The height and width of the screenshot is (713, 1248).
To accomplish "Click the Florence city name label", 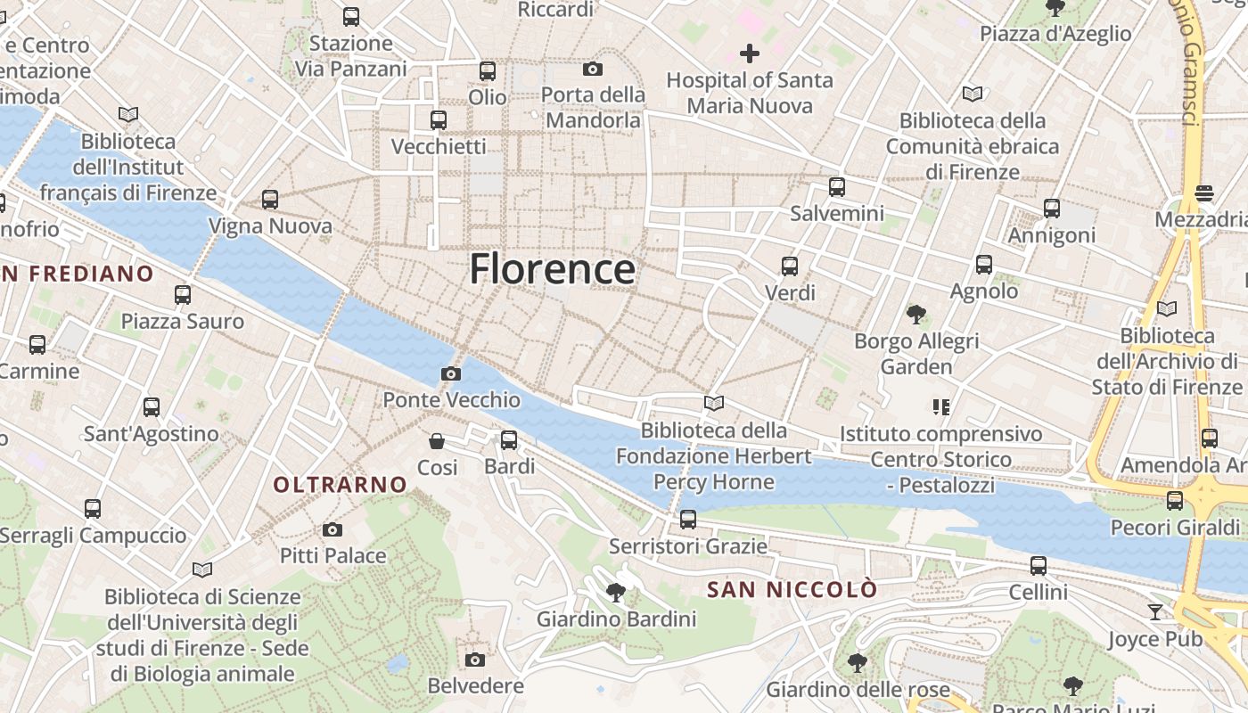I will [x=552, y=268].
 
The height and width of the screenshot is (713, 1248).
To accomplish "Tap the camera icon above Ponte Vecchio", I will [x=451, y=373].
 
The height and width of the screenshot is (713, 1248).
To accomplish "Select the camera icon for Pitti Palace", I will [x=333, y=530].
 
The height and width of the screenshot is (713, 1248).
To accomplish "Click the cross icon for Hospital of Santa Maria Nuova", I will [x=750, y=53].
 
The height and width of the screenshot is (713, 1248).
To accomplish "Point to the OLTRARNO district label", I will [x=341, y=485].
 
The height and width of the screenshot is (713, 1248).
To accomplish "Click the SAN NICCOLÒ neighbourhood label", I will [x=792, y=589].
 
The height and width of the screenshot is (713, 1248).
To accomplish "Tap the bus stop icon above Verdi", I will [x=790, y=266].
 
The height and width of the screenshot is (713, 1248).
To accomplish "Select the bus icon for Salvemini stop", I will [x=837, y=187].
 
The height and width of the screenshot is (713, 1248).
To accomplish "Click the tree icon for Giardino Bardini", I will [x=615, y=592].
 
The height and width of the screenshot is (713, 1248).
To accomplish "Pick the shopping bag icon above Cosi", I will [x=437, y=440].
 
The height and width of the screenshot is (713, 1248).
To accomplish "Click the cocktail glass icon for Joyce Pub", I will [x=1155, y=611].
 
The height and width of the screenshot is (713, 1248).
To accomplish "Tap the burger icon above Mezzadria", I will [x=1204, y=193].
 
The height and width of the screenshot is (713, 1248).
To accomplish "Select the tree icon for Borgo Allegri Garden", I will [x=915, y=314].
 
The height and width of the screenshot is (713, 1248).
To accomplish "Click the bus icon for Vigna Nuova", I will [x=270, y=200].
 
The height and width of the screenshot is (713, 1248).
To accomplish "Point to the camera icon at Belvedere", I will [x=475, y=660].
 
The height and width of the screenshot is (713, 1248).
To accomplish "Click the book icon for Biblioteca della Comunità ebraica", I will [x=972, y=94].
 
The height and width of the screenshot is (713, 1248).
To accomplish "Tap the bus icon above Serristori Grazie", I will [x=687, y=519].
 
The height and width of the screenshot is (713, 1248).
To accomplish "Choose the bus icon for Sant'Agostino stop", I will [x=152, y=407].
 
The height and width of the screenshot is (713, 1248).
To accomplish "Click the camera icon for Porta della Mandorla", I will [x=593, y=69].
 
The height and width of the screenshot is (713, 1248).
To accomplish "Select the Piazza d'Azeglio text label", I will [x=1055, y=34].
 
